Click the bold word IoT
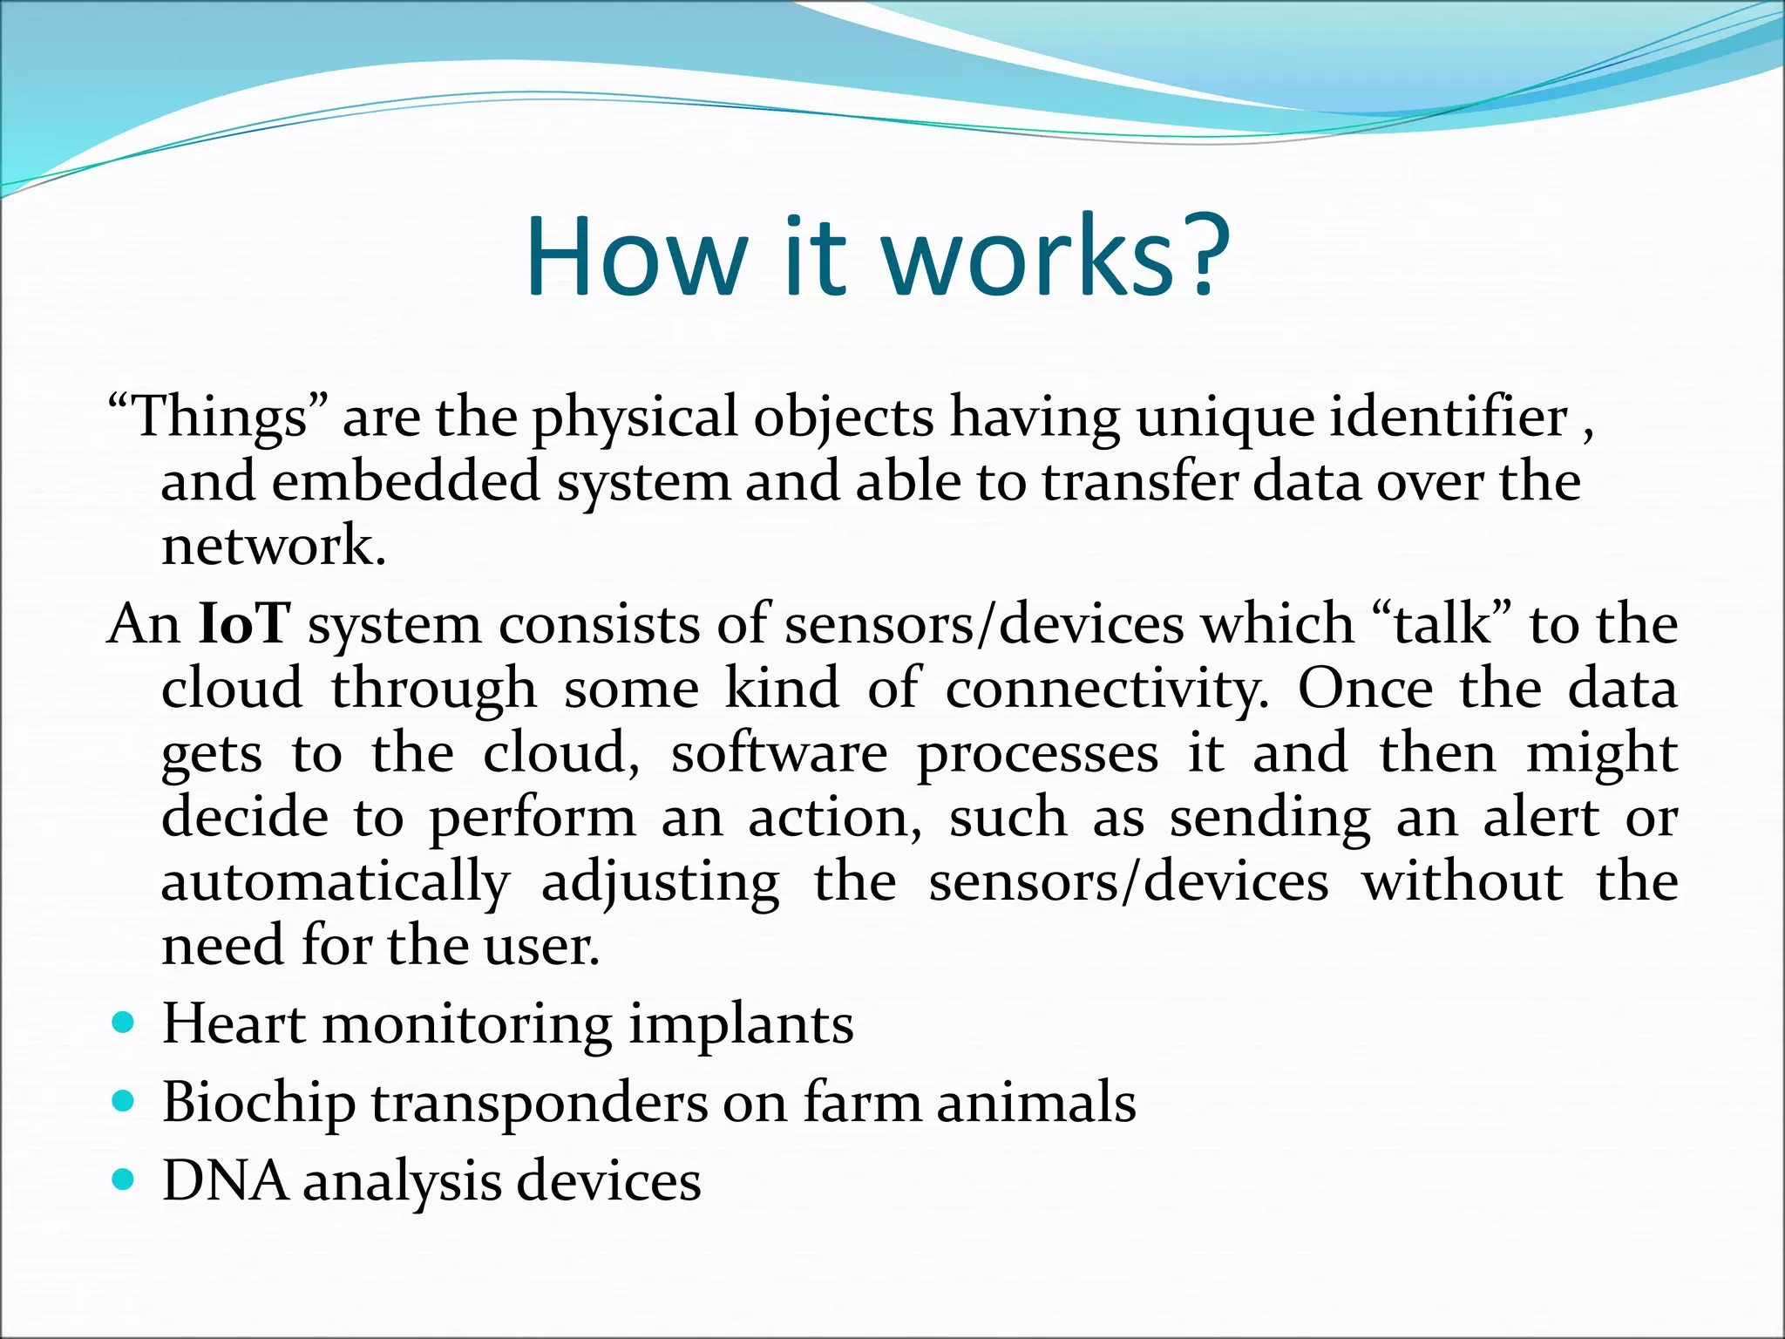pyautogui.click(x=243, y=624)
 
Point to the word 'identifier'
pyautogui.click(x=1449, y=417)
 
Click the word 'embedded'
pyautogui.click(x=406, y=482)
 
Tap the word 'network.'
pyautogui.click(x=273, y=547)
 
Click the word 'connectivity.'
pyautogui.click(x=1107, y=689)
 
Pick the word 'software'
pyautogui.click(x=779, y=753)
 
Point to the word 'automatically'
pyautogui.click(x=335, y=882)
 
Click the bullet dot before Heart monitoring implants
pyautogui.click(x=124, y=1022)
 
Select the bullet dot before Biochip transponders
pyautogui.click(x=124, y=1101)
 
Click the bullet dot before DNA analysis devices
pyautogui.click(x=124, y=1179)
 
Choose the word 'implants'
pyautogui.click(x=741, y=1025)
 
